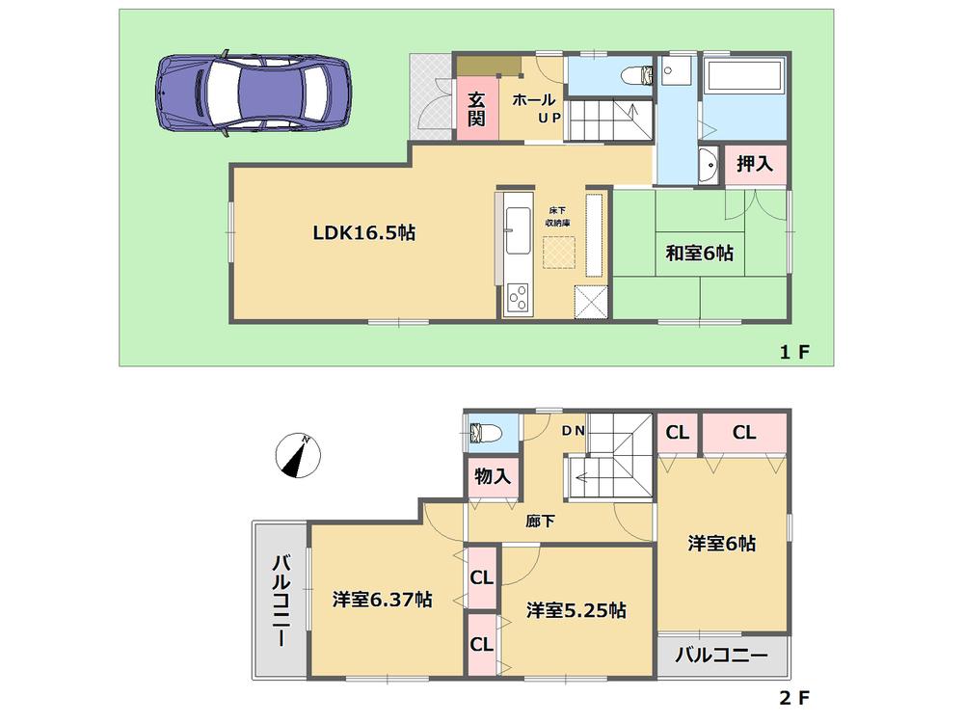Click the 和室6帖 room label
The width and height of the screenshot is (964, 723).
[699, 254]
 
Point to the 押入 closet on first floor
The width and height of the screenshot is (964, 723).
[755, 165]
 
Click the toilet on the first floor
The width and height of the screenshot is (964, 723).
[637, 75]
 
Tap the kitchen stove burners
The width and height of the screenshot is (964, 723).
[519, 296]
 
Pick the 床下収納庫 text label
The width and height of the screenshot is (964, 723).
[558, 217]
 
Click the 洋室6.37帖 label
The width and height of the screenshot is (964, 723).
[382, 600]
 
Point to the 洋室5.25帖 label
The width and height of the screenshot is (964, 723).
[576, 609]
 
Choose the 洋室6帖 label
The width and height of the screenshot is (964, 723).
[721, 544]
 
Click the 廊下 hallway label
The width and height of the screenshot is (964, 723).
[540, 522]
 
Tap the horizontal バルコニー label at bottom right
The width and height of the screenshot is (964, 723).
[721, 656]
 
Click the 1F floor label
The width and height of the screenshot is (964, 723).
[794, 353]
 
